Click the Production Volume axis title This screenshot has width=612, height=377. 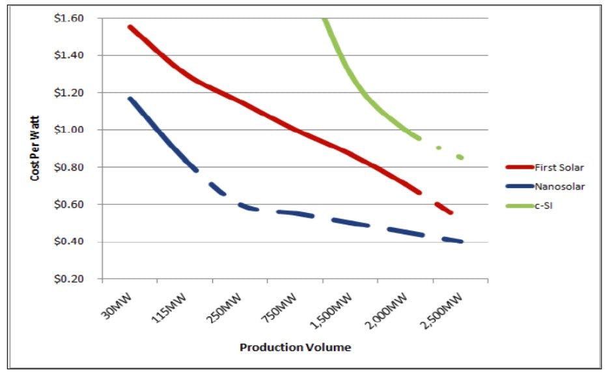click(295, 347)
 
